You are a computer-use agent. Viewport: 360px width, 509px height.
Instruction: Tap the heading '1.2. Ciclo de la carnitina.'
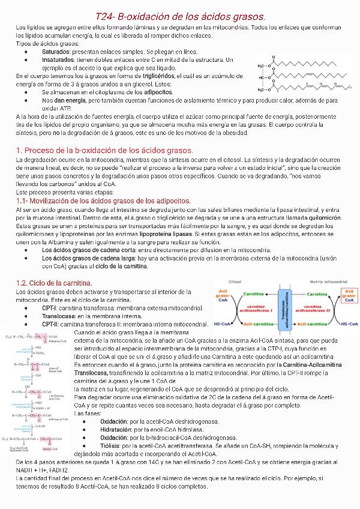(53, 282)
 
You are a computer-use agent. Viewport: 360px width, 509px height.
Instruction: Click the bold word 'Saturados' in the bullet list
(55, 52)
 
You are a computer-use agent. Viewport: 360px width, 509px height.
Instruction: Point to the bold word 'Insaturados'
(58, 60)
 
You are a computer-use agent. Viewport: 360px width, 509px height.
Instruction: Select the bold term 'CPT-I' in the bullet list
(49, 308)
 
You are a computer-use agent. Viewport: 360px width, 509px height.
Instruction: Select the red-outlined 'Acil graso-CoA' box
(348, 296)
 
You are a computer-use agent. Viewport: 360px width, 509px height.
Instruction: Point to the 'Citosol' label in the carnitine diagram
(235, 281)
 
